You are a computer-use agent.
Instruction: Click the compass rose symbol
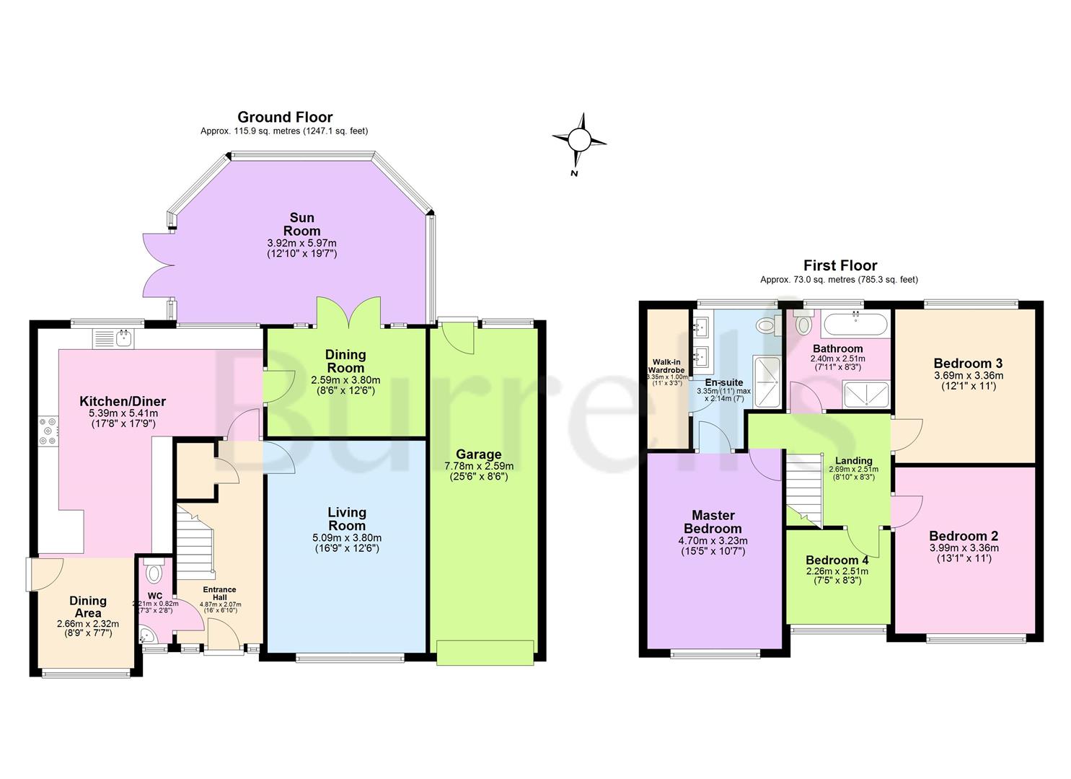pyautogui.click(x=578, y=139)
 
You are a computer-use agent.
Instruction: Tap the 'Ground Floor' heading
pyautogui.click(x=285, y=117)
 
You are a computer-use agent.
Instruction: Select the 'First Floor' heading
pyautogui.click(x=839, y=265)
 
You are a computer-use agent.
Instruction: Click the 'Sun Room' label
pyautogui.click(x=302, y=224)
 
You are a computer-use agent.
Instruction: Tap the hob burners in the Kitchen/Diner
pyautogui.click(x=48, y=431)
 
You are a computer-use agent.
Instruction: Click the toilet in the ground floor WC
pyautogui.click(x=154, y=573)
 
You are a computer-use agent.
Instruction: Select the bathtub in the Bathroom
pyautogui.click(x=855, y=324)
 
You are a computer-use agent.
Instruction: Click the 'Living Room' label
pyautogui.click(x=347, y=519)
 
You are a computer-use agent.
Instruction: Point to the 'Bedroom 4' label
pyautogui.click(x=837, y=560)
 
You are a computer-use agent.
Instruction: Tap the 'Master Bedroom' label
pyautogui.click(x=713, y=521)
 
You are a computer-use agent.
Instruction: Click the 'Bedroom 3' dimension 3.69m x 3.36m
pyautogui.click(x=968, y=375)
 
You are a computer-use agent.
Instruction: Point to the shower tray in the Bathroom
pyautogui.click(x=866, y=394)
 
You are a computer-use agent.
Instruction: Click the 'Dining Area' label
pyautogui.click(x=88, y=607)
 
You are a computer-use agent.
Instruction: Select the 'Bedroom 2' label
pyautogui.click(x=963, y=536)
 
